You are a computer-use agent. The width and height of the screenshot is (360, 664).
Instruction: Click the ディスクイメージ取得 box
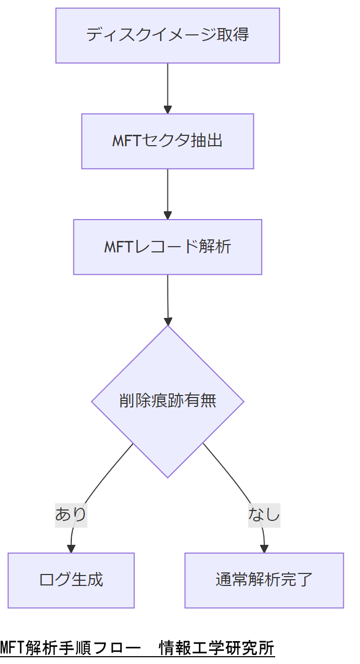click(x=168, y=35)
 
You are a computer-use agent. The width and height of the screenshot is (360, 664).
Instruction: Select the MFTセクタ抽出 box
click(x=168, y=141)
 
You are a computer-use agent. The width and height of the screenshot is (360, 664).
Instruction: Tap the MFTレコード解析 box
click(x=168, y=247)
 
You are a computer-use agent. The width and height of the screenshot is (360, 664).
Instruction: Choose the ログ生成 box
click(x=71, y=580)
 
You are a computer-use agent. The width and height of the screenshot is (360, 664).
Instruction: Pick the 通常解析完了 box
click(x=264, y=580)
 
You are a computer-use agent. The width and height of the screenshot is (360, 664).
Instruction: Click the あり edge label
click(x=71, y=515)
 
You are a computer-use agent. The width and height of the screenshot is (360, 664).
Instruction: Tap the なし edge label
click(x=264, y=515)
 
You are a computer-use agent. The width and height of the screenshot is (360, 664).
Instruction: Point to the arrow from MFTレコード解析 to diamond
click(x=168, y=299)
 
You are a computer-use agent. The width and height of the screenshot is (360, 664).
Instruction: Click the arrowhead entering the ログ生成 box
click(x=71, y=548)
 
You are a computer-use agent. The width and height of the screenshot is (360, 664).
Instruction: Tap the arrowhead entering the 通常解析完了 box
click(x=264, y=548)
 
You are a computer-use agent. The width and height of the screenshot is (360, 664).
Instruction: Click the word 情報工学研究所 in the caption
click(x=217, y=648)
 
